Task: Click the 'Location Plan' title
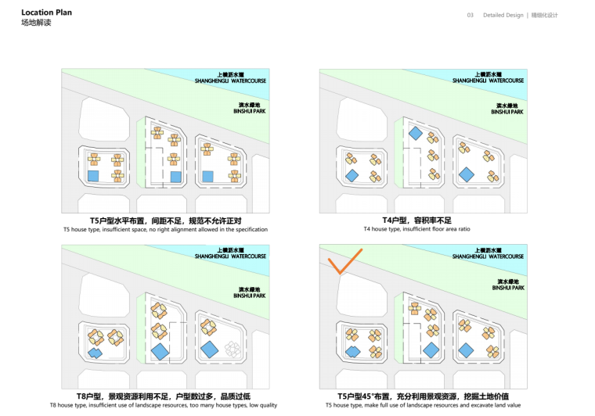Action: pyautogui.click(x=46, y=13)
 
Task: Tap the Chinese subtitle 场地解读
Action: pyautogui.click(x=35, y=23)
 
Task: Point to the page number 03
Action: pyautogui.click(x=471, y=15)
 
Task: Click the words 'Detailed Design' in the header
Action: pyautogui.click(x=504, y=15)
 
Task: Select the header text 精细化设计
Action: pyautogui.click(x=545, y=15)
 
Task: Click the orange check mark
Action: pyautogui.click(x=344, y=263)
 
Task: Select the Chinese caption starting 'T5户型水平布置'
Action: pyautogui.click(x=165, y=221)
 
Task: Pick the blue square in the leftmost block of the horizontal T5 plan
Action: pyautogui.click(x=94, y=177)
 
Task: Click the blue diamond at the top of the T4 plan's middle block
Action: pyautogui.click(x=416, y=134)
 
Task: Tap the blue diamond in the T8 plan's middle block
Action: pyautogui.click(x=160, y=351)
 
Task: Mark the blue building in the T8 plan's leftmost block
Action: pyautogui.click(x=96, y=353)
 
